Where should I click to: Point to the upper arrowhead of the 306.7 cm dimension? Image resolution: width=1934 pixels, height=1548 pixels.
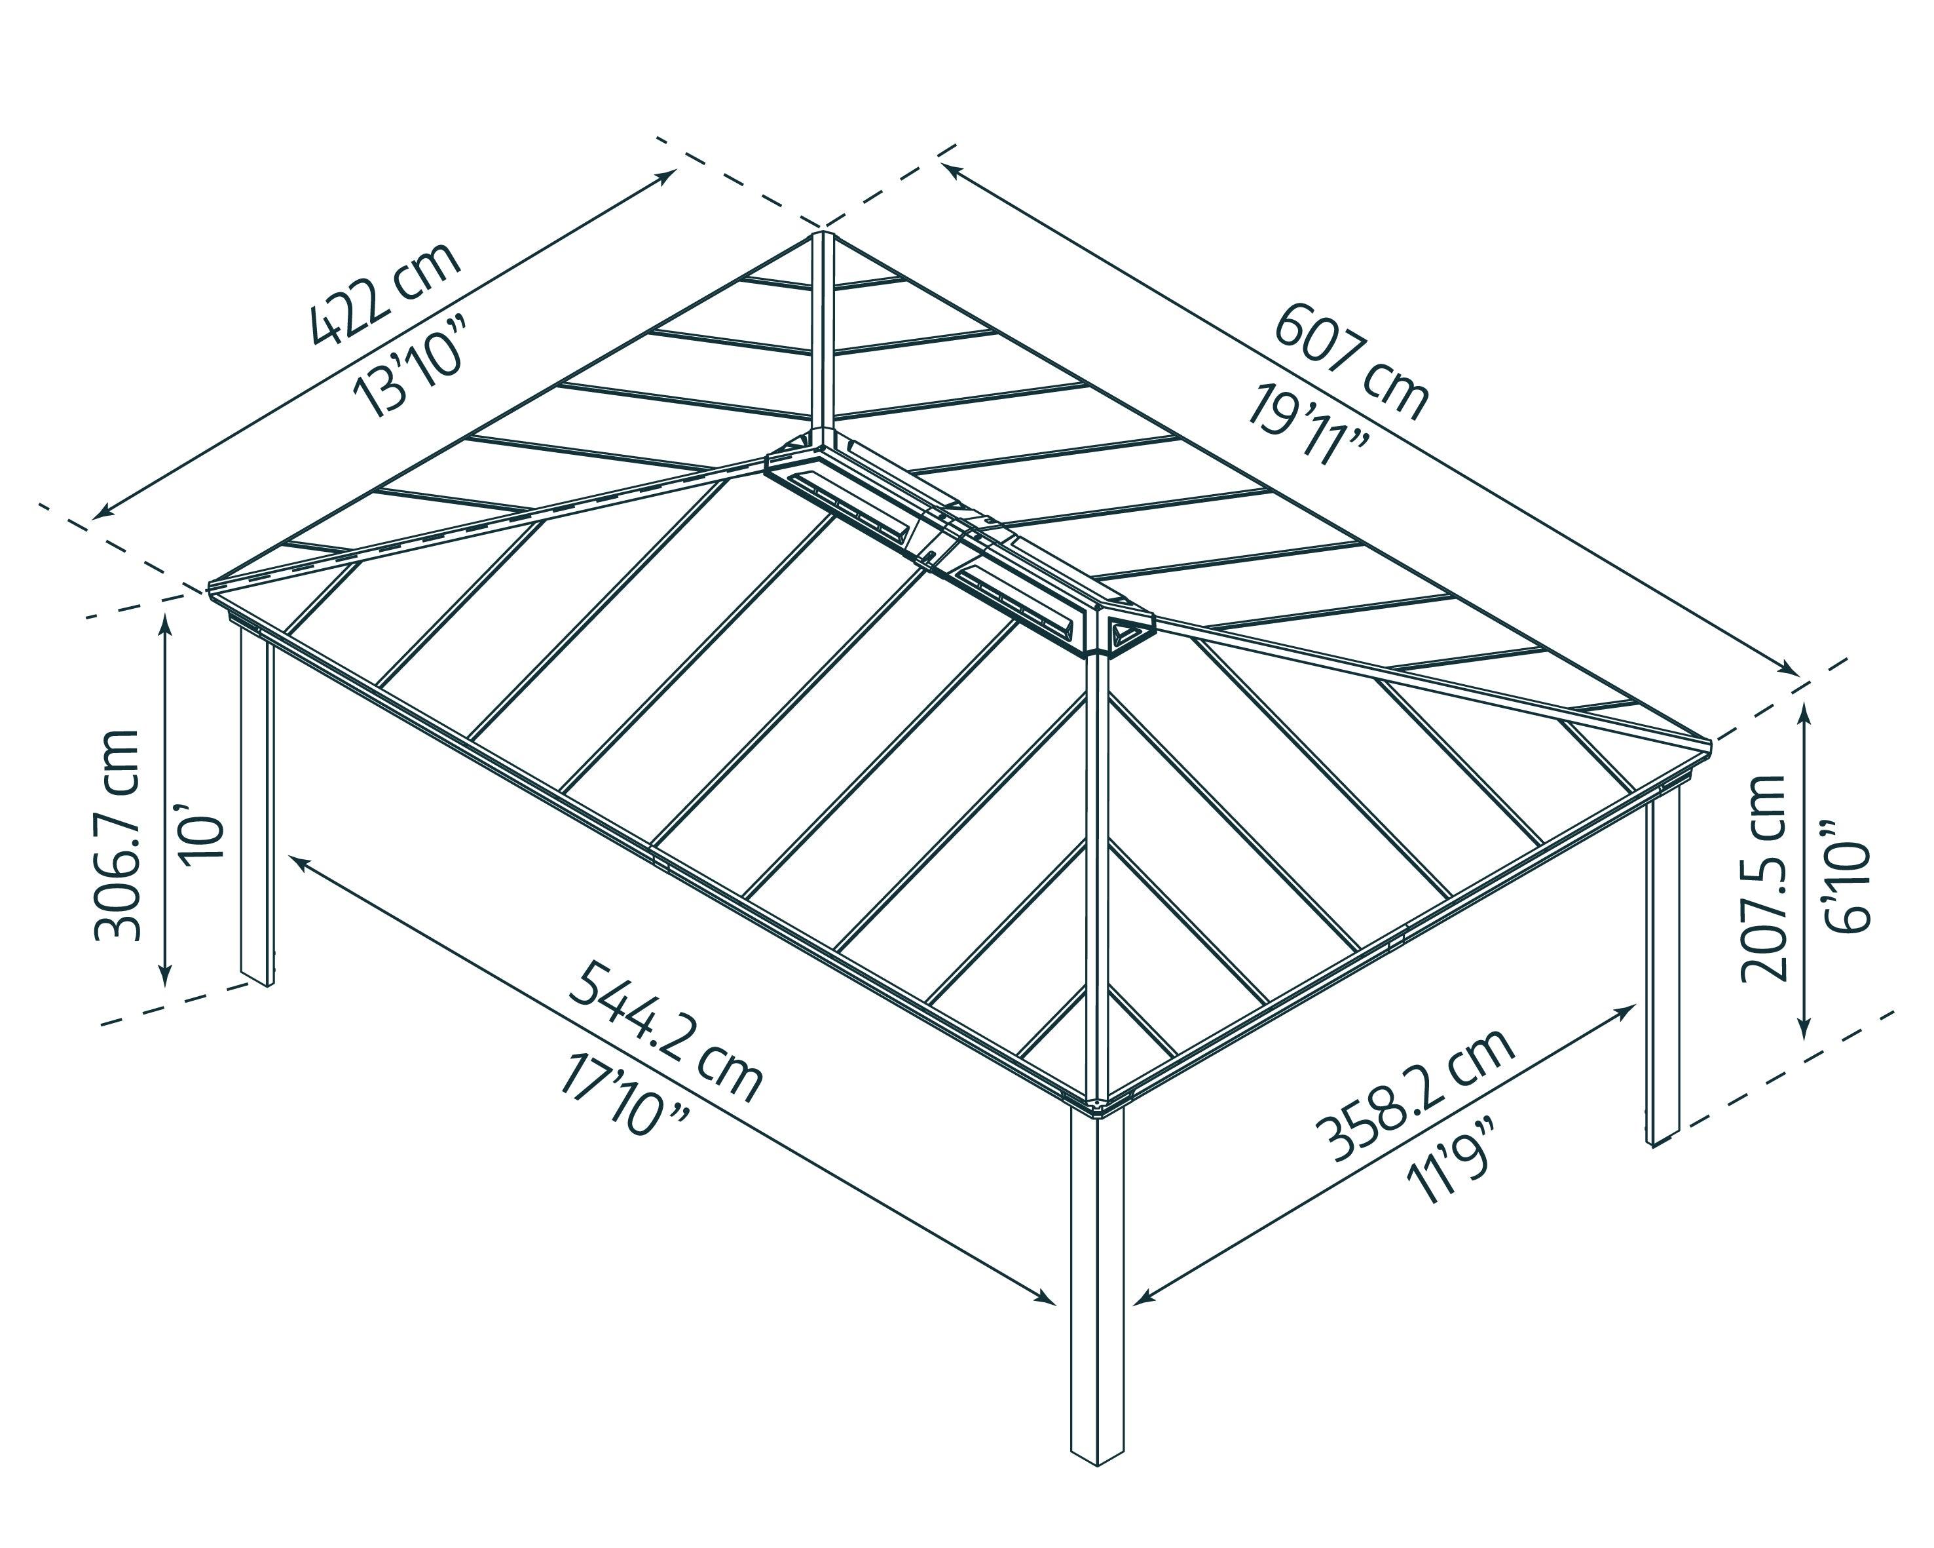click(x=165, y=624)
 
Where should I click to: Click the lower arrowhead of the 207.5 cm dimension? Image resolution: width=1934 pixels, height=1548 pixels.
click(x=1805, y=1032)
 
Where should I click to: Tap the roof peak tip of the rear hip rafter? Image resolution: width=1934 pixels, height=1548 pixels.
click(x=822, y=238)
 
